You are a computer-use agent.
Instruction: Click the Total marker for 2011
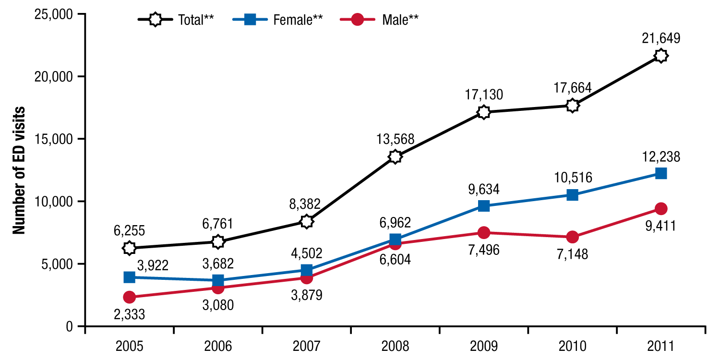click(661, 56)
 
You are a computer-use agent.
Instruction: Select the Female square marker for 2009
click(484, 206)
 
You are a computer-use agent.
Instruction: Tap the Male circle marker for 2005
click(129, 297)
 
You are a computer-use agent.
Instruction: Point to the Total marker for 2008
click(395, 156)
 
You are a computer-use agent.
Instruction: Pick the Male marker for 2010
click(572, 237)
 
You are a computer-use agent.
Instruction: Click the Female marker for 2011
click(661, 173)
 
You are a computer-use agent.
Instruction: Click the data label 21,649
click(661, 38)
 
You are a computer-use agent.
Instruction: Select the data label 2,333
click(129, 314)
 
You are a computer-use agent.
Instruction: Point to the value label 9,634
click(484, 189)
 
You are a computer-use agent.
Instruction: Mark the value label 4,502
click(306, 252)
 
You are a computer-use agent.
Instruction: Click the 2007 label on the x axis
click(306, 346)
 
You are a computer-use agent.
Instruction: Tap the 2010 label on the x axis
click(572, 346)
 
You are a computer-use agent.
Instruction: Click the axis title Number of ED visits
click(19, 170)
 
